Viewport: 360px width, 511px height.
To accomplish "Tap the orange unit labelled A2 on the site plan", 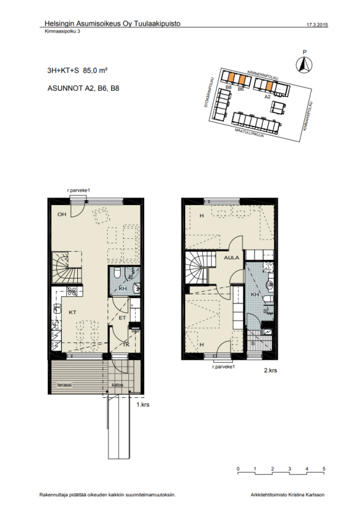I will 270,86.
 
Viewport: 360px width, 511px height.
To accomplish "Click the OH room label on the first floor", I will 62,214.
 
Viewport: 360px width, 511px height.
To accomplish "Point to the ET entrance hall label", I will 122,317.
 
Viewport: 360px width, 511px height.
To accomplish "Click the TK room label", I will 126,346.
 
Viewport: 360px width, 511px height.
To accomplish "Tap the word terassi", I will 64,385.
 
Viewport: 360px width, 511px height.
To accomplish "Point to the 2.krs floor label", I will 270,370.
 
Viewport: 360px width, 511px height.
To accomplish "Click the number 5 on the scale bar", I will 324,469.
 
